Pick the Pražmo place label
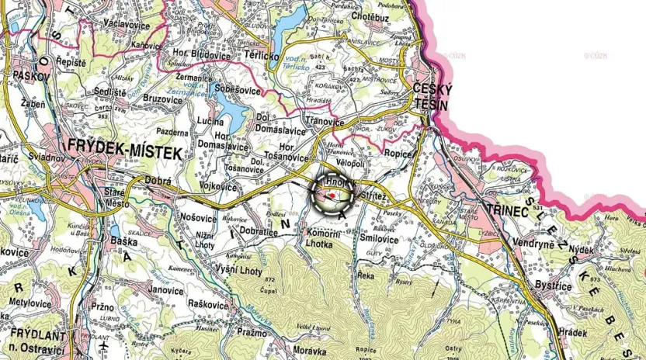pos(253,332)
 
